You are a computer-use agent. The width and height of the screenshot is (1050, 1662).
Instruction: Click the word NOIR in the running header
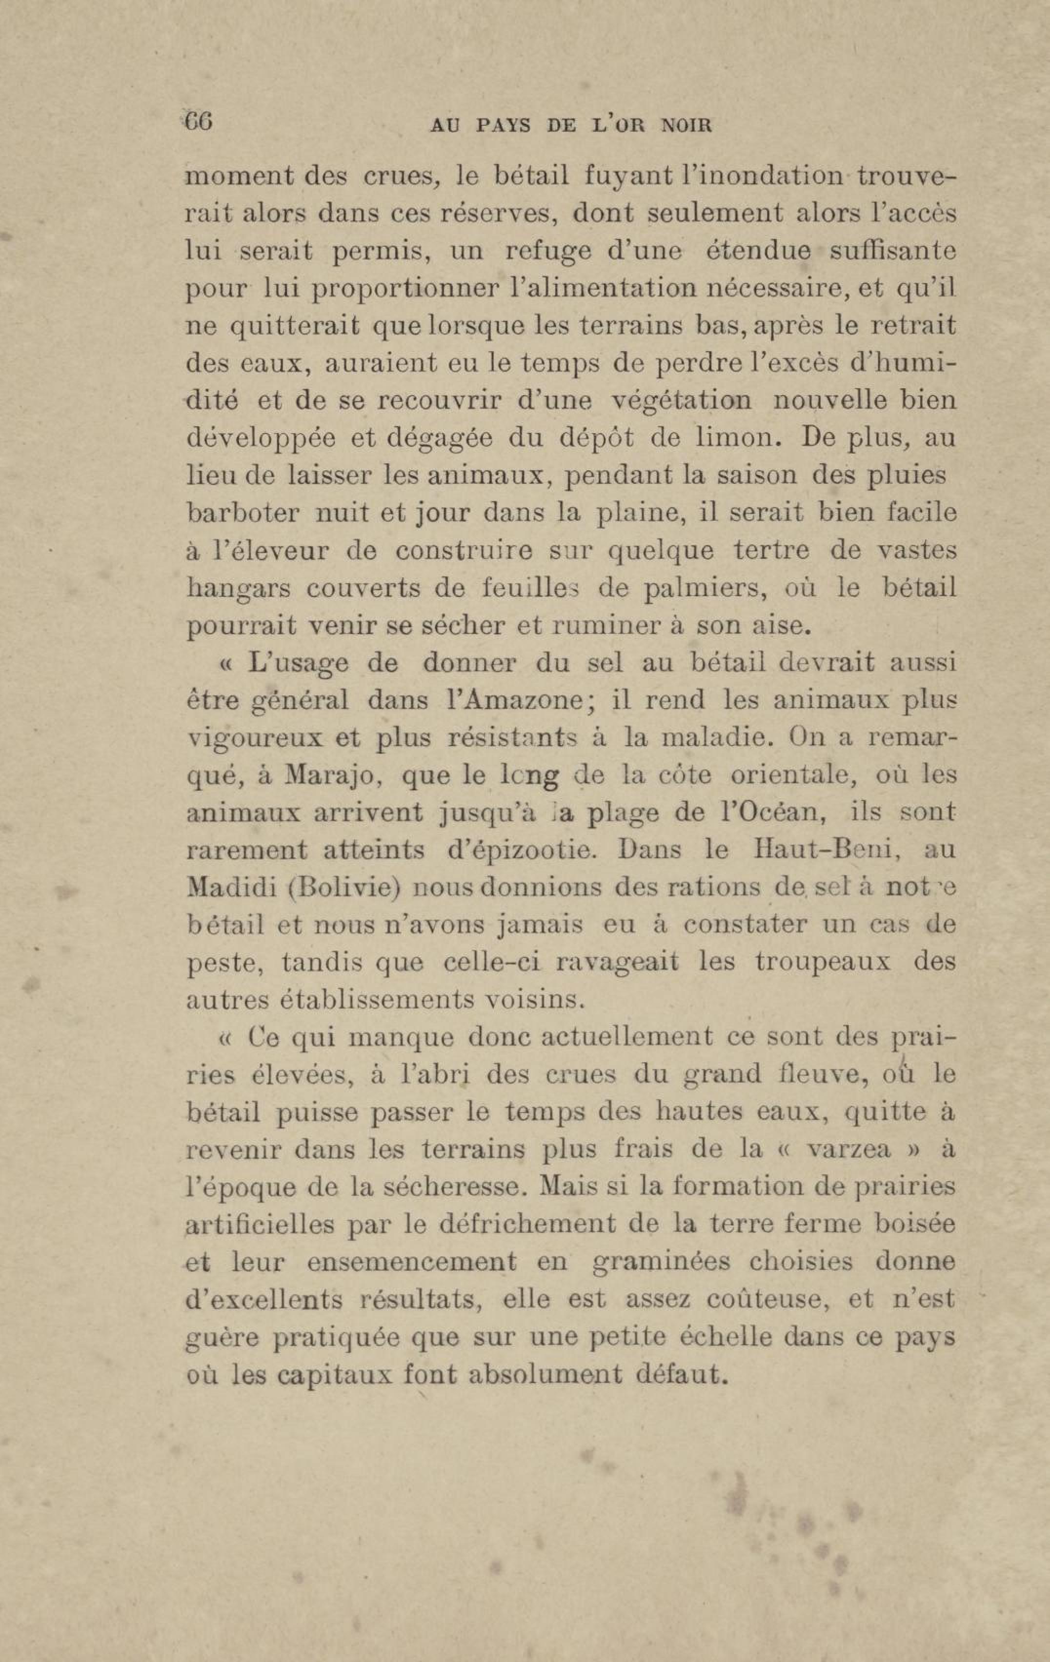tap(686, 126)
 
